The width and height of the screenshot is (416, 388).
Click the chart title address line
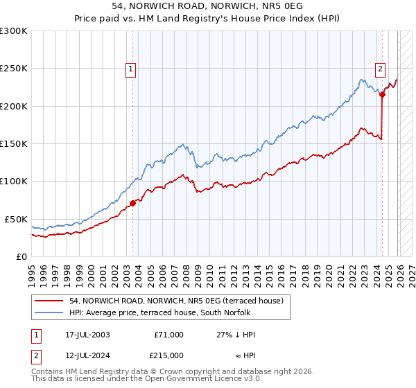click(208, 5)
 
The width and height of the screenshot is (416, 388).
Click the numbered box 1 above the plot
click(131, 69)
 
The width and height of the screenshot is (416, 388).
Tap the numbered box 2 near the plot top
click(381, 69)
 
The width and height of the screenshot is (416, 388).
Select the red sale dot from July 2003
click(132, 203)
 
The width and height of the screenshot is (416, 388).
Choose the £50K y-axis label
click(17, 219)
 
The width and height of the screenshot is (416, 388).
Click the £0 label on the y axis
click(22, 256)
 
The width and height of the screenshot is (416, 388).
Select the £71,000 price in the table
click(168, 335)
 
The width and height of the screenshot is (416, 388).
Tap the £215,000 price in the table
click(168, 355)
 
